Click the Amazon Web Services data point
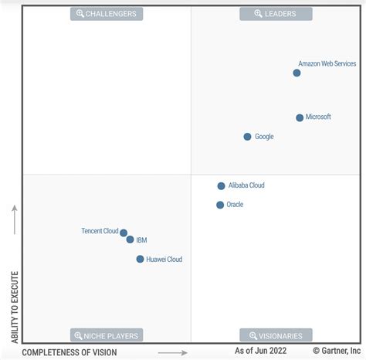pos(297,73)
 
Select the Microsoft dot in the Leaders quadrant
pos(300,117)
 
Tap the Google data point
pos(247,137)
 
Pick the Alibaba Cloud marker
pos(221,186)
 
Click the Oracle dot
pos(220,205)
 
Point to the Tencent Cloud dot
pos(124,233)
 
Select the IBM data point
pos(130,239)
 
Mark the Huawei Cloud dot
pos(140,260)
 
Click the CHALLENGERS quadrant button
pos(107,14)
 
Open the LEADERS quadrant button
pos(276,14)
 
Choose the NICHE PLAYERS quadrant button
pos(107,335)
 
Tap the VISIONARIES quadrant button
pos(276,335)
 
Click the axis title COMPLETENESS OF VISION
pos(69,352)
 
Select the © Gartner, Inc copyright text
pos(337,352)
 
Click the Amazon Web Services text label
pos(327,64)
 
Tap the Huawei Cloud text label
pos(164,260)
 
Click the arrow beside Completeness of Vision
pos(172,352)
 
